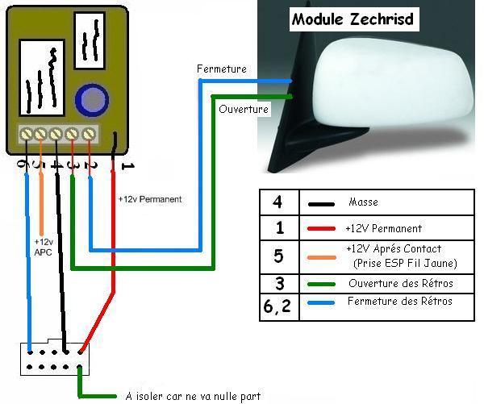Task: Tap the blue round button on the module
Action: [91, 101]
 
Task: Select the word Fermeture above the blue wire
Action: [222, 69]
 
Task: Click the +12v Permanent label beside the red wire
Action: [150, 198]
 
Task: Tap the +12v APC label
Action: [44, 247]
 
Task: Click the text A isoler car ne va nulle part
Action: [194, 396]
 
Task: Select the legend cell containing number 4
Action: [278, 202]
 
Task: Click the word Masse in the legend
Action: [363, 202]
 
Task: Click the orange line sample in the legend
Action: [320, 256]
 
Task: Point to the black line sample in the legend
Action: [320, 204]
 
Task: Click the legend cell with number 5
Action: [278, 256]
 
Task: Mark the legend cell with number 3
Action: [278, 283]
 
